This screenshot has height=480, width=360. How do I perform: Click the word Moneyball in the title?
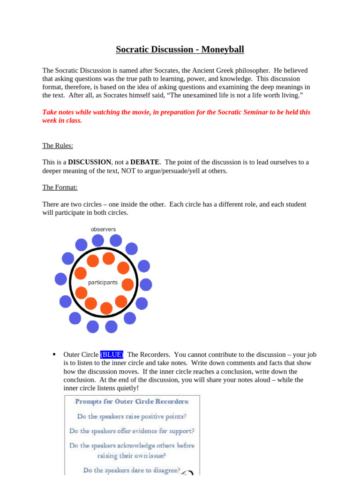point(223,49)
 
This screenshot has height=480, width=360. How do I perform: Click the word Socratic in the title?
point(134,49)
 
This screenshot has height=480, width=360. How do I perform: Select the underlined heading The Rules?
point(58,146)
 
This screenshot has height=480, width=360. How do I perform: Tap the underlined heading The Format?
point(60,187)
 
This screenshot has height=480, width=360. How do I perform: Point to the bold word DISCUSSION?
point(90,162)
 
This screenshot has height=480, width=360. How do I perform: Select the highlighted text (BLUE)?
point(112,354)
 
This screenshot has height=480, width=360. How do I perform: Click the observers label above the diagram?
point(103,229)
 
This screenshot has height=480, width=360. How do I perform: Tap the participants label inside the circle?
point(103,283)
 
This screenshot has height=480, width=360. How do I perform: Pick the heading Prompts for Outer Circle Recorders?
point(132,401)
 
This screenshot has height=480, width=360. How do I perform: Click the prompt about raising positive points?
point(132,416)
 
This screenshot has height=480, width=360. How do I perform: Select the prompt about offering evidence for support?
point(132,431)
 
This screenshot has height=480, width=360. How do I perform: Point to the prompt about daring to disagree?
point(132,470)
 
